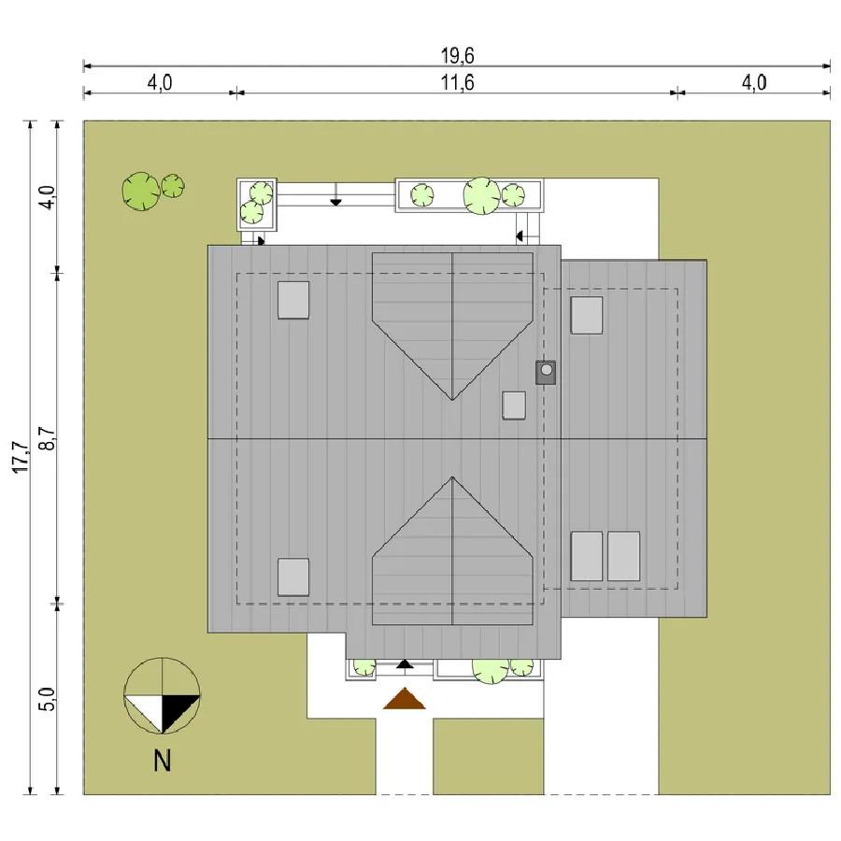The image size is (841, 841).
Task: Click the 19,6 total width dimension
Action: click(x=458, y=55)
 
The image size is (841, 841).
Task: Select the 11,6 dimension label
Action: click(x=458, y=82)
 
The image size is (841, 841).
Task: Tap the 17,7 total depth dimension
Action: click(x=21, y=457)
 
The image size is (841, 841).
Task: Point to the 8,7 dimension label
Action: click(x=48, y=438)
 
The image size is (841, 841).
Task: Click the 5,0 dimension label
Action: click(x=48, y=699)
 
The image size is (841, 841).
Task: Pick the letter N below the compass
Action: click(x=162, y=761)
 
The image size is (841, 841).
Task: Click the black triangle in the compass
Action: click(x=178, y=709)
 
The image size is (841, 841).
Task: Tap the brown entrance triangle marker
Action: click(x=405, y=698)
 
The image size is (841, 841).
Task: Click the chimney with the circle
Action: click(x=546, y=372)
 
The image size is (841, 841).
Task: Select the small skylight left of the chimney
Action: click(x=514, y=405)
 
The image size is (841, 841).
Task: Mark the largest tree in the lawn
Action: click(x=141, y=191)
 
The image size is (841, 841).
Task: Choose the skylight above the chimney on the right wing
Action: click(x=586, y=316)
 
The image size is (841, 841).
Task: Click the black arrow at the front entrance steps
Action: click(x=405, y=665)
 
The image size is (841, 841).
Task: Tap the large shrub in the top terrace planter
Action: click(x=481, y=196)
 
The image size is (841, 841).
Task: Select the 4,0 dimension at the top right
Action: click(x=753, y=82)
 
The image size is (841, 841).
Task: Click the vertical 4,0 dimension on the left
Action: click(x=48, y=197)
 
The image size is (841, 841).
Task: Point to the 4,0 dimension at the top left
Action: click(x=159, y=82)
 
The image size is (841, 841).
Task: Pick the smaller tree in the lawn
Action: click(x=173, y=186)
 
